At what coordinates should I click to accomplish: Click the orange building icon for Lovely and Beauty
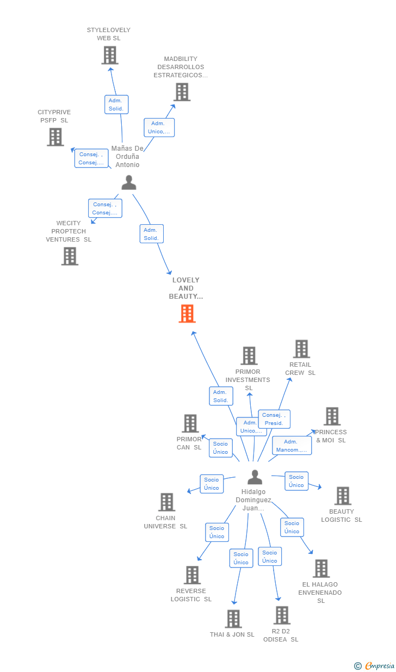[x=187, y=313]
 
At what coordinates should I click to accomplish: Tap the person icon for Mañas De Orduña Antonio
[x=129, y=183]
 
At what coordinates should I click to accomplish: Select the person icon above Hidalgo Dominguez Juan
[x=255, y=477]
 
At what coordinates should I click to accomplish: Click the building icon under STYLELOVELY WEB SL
[x=110, y=55]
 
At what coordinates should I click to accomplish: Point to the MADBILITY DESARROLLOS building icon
[x=182, y=92]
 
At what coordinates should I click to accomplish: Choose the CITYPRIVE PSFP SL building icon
[x=55, y=137]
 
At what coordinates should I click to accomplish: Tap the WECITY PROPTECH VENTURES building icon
[x=70, y=256]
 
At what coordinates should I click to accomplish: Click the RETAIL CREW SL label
[x=300, y=369]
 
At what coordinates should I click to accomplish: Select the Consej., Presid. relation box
[x=274, y=419]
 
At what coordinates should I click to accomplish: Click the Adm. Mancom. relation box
[x=292, y=446]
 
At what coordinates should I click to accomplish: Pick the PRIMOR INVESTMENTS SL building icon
[x=249, y=356]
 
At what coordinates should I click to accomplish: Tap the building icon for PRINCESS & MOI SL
[x=332, y=416]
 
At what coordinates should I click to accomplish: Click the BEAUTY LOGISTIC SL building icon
[x=343, y=496]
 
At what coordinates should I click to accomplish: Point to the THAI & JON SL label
[x=232, y=634]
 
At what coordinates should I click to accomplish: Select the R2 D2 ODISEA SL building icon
[x=282, y=615]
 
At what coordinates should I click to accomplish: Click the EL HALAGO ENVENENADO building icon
[x=321, y=568]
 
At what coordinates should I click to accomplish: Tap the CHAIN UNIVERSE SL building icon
[x=167, y=502]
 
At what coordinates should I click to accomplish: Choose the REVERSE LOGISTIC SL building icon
[x=193, y=575]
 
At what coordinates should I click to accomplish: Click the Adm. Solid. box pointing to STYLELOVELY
[x=116, y=104]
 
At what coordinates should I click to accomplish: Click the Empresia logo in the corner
[x=374, y=666]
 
